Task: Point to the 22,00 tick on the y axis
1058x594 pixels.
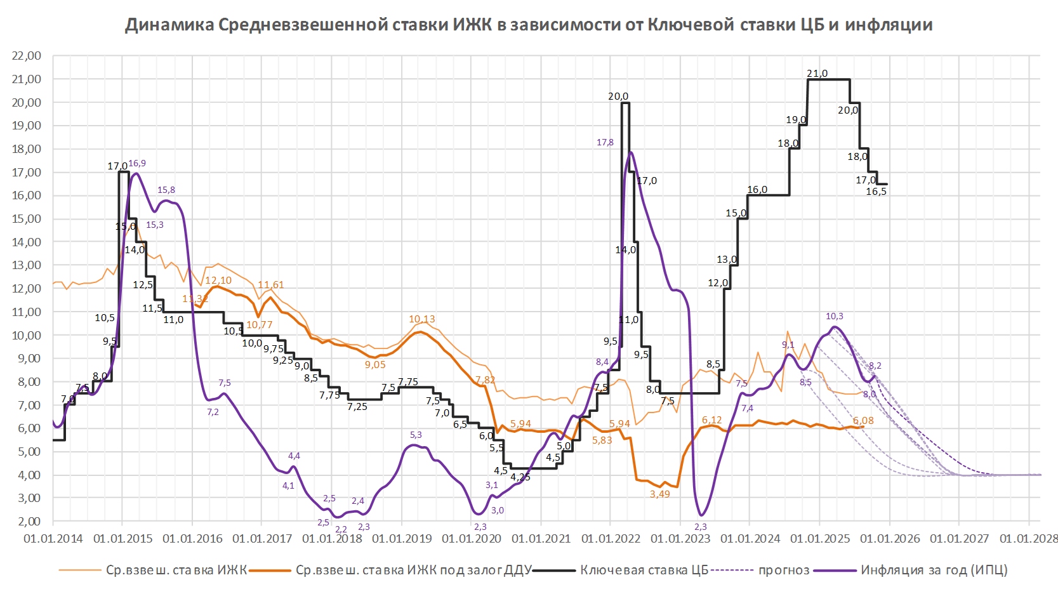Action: coord(26,56)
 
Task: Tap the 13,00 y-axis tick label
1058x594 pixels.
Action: coord(26,265)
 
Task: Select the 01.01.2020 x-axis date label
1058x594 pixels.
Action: coord(471,539)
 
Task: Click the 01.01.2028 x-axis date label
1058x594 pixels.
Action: coord(1029,539)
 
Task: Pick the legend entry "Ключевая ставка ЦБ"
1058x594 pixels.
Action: coord(644,570)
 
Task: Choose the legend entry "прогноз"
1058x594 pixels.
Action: coord(784,570)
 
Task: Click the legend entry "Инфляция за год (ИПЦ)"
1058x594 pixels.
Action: coord(934,570)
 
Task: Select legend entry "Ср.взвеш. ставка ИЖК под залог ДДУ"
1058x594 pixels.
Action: coord(413,570)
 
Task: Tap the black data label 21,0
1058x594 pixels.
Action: coord(817,74)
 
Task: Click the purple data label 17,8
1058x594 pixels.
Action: coord(605,143)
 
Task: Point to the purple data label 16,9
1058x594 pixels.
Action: coord(137,164)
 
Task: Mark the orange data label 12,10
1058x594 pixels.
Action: coord(218,280)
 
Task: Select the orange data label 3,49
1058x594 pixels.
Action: coord(659,494)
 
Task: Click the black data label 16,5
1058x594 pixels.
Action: coord(876,192)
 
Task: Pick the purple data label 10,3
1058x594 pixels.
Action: coord(834,316)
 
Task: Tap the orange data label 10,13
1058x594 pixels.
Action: coord(422,319)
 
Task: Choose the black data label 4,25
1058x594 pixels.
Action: coord(520,477)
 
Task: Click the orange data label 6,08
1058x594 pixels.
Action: coord(863,421)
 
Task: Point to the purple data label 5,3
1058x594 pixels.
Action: coord(416,435)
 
